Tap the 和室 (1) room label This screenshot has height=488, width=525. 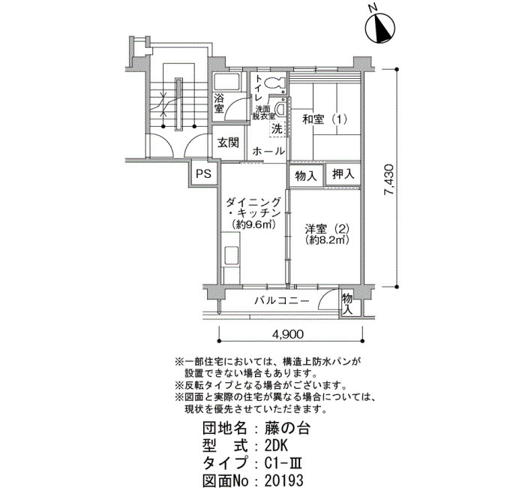(326, 119)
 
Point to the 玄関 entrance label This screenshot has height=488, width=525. (228, 143)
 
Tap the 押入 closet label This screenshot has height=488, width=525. (343, 176)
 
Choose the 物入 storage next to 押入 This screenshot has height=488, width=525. (306, 176)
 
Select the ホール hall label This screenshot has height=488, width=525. (269, 151)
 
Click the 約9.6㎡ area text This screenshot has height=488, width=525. (251, 224)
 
